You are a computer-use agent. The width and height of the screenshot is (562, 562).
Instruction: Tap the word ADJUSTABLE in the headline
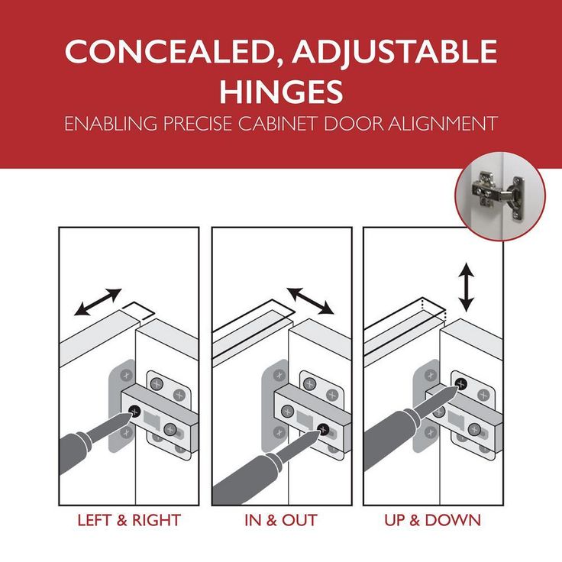click(x=395, y=51)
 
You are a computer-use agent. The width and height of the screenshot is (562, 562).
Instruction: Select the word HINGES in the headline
click(x=281, y=92)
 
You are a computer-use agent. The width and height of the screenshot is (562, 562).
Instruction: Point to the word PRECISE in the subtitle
click(x=198, y=123)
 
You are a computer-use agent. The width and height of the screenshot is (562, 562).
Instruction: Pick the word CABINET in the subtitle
click(x=278, y=123)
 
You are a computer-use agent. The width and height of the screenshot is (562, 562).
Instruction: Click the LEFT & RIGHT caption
click(x=129, y=521)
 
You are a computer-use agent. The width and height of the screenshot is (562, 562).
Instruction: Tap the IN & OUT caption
click(x=281, y=521)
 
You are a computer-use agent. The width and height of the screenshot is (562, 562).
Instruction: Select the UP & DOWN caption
click(x=433, y=521)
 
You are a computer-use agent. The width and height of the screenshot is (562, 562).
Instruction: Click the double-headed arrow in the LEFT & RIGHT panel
click(x=98, y=302)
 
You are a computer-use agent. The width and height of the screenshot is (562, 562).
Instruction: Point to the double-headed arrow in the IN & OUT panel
click(x=310, y=300)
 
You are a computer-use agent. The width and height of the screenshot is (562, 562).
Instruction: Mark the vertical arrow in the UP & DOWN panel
click(x=467, y=287)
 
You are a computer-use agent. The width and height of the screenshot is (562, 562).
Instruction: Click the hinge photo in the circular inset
click(x=500, y=195)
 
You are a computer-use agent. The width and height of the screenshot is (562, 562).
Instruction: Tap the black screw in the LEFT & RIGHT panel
click(x=134, y=412)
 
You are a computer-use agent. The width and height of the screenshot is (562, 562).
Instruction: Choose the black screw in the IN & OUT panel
click(x=323, y=429)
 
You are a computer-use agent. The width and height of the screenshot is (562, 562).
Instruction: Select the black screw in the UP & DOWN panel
click(x=461, y=384)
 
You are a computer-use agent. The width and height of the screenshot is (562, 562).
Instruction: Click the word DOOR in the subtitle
click(x=353, y=123)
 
